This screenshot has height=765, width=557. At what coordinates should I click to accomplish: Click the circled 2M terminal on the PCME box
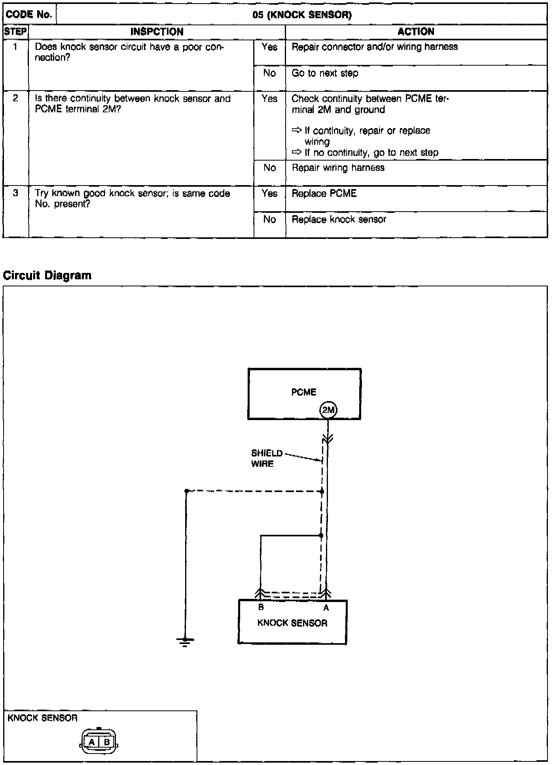[x=328, y=410]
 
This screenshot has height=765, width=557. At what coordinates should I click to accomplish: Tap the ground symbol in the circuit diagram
[x=185, y=641]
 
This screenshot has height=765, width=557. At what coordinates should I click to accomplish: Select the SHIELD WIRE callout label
[x=267, y=458]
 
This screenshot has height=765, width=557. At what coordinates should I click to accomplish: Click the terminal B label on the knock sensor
[x=261, y=607]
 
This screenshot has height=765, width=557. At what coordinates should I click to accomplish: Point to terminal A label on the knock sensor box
[x=326, y=608]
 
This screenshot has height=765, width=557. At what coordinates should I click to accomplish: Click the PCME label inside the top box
[x=303, y=392]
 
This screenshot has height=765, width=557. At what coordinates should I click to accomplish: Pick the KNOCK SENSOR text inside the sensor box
[x=292, y=623]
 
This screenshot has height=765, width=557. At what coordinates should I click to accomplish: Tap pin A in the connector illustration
[x=92, y=742]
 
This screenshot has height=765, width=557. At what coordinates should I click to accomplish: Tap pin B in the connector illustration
[x=106, y=742]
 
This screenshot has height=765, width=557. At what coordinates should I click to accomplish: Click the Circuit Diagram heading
[x=47, y=275]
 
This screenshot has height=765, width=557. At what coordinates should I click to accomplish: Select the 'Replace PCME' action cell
[x=324, y=193]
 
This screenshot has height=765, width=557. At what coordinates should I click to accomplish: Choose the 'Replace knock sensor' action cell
[x=339, y=220]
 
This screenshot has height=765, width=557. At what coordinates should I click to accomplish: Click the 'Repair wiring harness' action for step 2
[x=338, y=168]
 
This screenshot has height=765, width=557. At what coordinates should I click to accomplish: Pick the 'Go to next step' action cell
[x=325, y=73]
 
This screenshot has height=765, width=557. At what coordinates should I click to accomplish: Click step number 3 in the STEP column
[x=15, y=193]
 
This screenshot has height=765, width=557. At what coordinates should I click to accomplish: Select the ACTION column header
[x=416, y=32]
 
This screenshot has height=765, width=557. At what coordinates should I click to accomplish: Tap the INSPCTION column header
[x=157, y=32]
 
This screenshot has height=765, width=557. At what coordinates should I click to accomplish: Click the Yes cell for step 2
[x=269, y=99]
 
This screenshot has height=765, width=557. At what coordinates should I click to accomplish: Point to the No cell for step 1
[x=269, y=73]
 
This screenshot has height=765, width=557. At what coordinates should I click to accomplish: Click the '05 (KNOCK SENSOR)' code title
[x=302, y=15]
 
